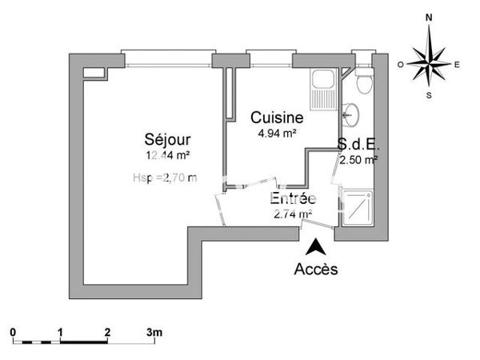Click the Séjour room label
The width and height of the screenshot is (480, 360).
click(167, 138)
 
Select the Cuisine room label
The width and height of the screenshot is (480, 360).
click(277, 118)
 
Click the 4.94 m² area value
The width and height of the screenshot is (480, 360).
click(277, 133)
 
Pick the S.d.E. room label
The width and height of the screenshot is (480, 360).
click(358, 146)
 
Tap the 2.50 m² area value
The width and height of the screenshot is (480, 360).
click(358, 159)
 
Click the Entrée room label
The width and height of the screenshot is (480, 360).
click(293, 198)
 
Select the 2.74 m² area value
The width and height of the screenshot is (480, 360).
click(293, 214)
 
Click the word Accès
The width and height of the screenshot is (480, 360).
click(317, 269)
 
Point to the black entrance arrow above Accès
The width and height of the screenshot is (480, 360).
click(317, 247)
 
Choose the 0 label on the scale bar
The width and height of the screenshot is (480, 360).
click(13, 331)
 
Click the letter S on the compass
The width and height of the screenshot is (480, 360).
click(430, 94)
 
